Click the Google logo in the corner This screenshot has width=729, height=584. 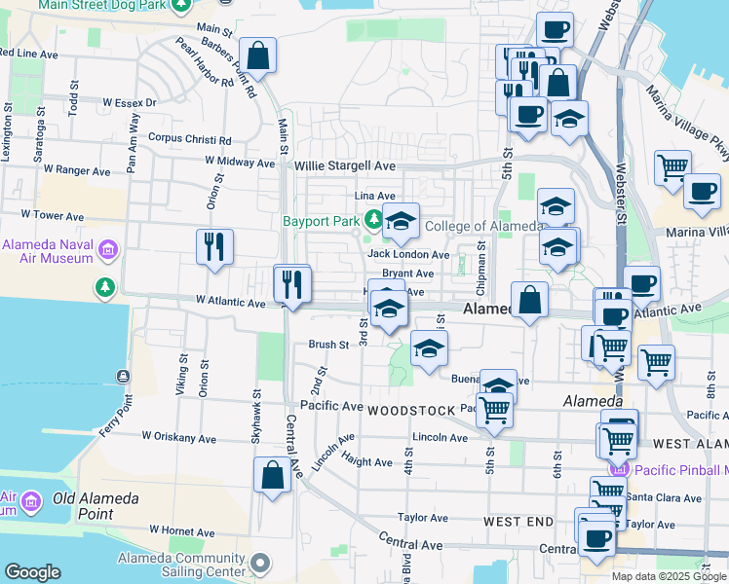pos(32,572)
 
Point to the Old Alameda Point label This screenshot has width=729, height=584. pos(96,499)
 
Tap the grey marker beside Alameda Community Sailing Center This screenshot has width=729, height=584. pos(260,563)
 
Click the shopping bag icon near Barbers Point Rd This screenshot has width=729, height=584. pos(258,56)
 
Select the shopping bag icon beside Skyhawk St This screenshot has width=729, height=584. pos(272,476)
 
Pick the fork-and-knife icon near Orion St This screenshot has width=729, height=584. pos(214,247)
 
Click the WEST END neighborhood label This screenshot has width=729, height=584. pos(518,522)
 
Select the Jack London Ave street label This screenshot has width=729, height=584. pos(408,254)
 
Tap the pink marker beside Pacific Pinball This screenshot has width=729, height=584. pos(617,469)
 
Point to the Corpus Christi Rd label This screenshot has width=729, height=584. pos(189,138)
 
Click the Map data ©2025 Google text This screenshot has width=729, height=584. pos(669,576)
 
